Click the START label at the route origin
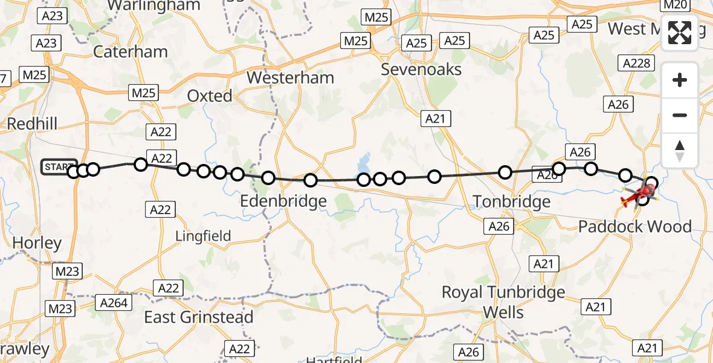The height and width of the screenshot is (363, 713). point(59,167)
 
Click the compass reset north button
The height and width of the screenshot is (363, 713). point(680,151)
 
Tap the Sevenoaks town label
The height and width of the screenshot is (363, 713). point(421,70)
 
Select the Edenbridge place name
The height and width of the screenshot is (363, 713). point(283,201)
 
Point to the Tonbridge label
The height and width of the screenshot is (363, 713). point(512,201)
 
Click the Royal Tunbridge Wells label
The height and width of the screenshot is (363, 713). point(503,302)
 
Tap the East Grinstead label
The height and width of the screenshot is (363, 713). point(199,317)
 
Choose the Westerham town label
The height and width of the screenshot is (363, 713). point(290,77)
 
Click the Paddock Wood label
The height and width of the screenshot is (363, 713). point(635,227)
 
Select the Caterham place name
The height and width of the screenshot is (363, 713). point(131,51)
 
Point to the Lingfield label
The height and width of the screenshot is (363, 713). point(203,236)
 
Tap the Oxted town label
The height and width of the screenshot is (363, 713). point(210,96)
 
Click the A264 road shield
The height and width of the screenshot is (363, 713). point(114,303)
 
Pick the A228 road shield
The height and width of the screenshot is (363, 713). point(636,64)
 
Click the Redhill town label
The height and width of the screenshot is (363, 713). point(32,124)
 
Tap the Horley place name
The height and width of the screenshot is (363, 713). point(37,243)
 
